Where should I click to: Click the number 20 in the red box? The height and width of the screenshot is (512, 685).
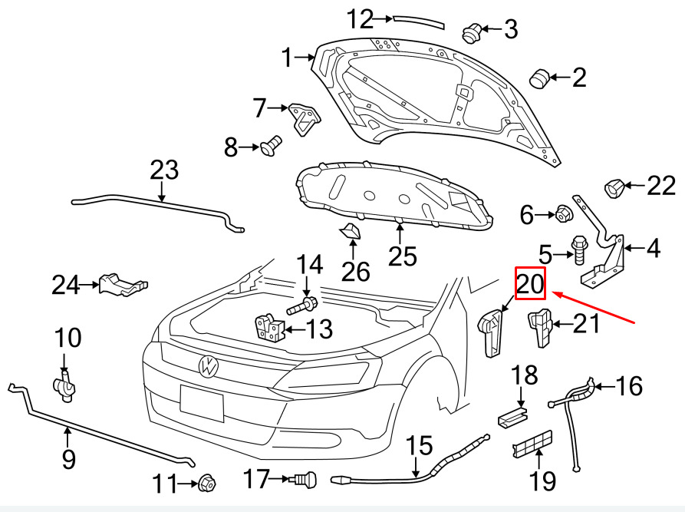coord(530,283)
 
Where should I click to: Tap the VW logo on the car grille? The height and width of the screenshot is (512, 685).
coord(208,366)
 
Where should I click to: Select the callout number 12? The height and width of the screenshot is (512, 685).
coord(360,19)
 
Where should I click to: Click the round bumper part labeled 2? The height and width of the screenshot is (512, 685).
coord(540,78)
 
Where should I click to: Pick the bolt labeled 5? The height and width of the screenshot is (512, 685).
coord(579,249)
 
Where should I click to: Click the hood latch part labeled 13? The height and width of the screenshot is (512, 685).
coord(269,329)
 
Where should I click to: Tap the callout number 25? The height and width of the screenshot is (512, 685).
coord(403,256)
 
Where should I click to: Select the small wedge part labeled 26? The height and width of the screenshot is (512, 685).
coord(351,231)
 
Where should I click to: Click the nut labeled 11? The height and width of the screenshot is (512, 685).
coord(207,483)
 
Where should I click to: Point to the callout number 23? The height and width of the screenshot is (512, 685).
coord(164,170)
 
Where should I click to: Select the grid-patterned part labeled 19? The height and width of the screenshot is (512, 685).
coord(532,444)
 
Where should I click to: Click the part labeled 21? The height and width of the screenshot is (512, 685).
coord(541,327)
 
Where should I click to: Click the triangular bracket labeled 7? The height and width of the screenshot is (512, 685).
coord(304,119)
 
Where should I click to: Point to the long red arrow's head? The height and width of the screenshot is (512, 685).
coord(554,292)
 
